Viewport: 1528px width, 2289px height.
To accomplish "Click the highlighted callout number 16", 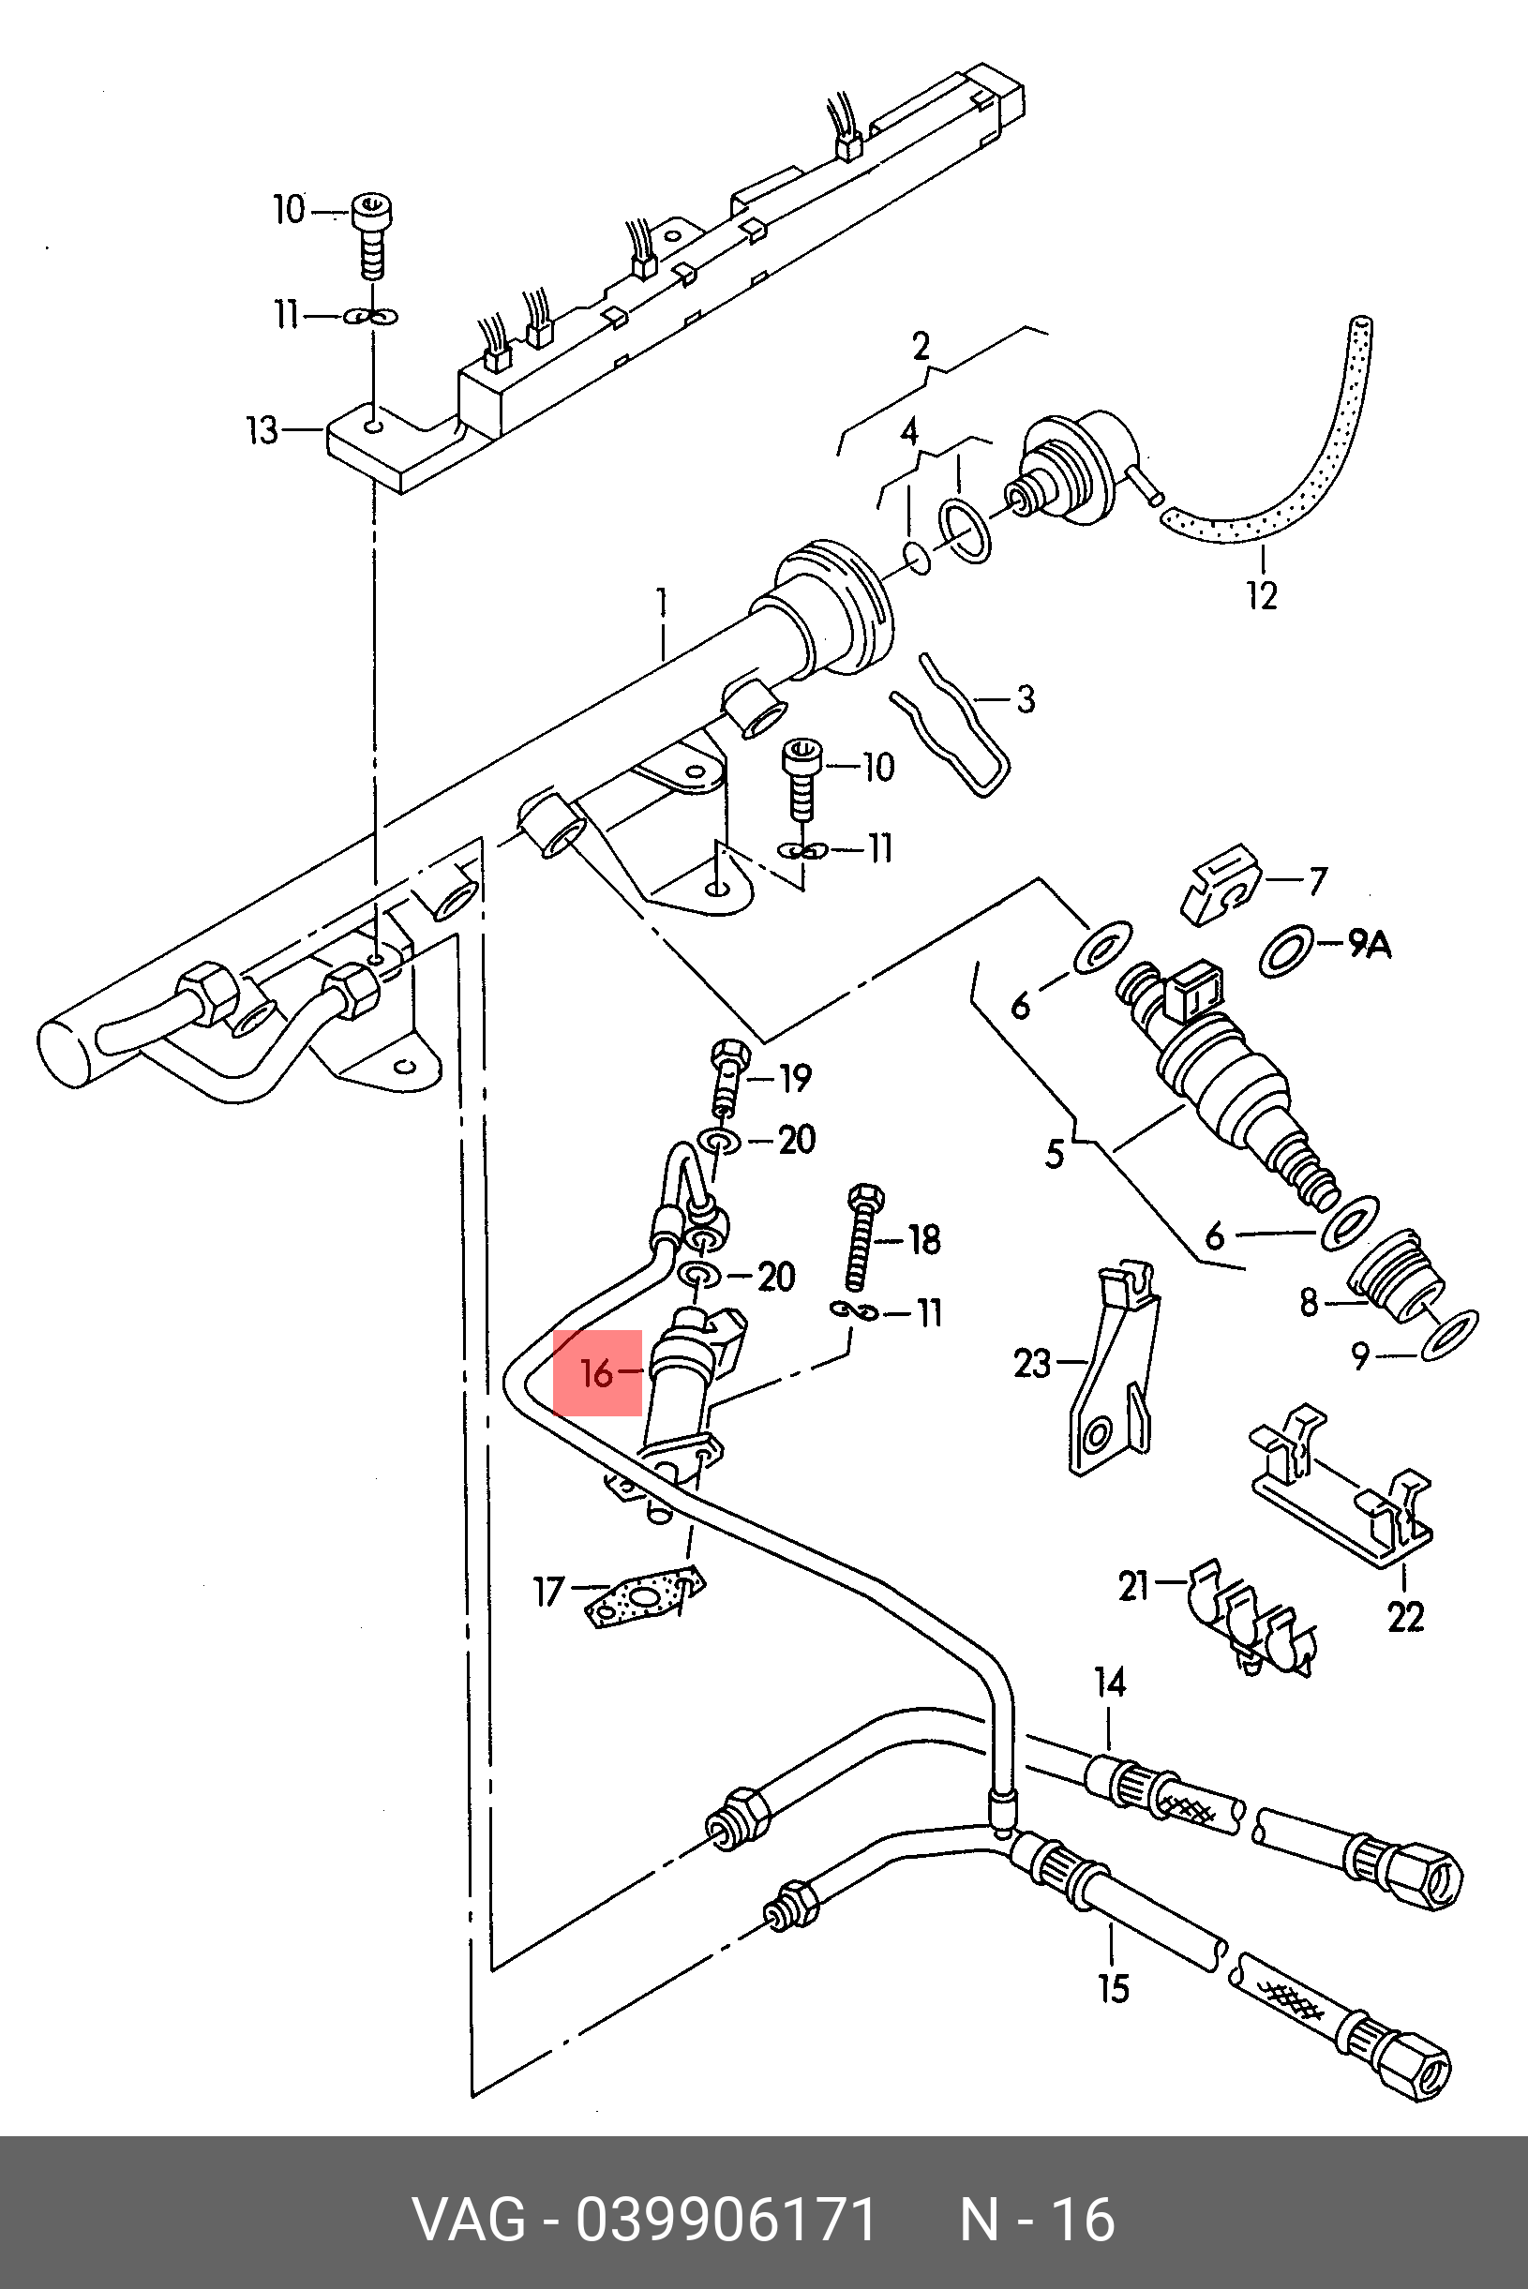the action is coord(596,1373).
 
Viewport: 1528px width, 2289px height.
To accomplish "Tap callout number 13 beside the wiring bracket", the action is coord(262,429).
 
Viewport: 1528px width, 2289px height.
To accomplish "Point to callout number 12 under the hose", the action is coord(1262,594).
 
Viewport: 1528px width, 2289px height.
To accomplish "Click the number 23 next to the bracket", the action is coord(1033,1363).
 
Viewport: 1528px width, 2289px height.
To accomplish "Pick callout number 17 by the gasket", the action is coord(548,1593).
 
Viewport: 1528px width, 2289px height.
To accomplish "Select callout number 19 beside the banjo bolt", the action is coord(795,1078).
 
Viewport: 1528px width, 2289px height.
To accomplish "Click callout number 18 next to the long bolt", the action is coord(923,1239).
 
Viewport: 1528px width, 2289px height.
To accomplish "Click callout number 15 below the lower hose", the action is coord(1113,1988).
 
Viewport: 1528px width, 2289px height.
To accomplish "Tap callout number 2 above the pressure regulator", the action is coord(921,346).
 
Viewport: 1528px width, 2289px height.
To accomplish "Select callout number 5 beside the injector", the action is coord(1055,1155).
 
